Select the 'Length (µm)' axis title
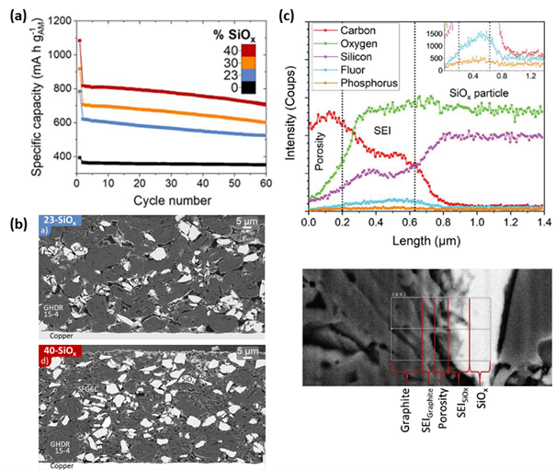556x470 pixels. pyautogui.click(x=429, y=245)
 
